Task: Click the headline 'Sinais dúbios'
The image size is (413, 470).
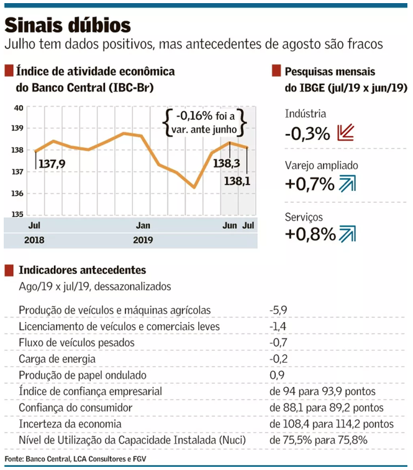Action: point(68,25)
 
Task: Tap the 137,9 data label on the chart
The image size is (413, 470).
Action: point(52,164)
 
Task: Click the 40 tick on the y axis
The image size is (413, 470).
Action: point(19,107)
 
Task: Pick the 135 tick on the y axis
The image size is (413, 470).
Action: point(19,215)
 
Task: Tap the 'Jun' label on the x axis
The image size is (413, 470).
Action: point(229,224)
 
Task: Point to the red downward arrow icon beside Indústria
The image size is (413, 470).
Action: point(345,133)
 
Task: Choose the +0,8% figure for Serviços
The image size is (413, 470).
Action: point(310,234)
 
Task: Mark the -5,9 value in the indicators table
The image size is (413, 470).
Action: point(278,310)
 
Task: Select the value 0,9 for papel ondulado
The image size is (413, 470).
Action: point(276,375)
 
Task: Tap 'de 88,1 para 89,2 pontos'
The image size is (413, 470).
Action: point(327,407)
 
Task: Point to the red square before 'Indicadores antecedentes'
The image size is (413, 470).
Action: point(9,270)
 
